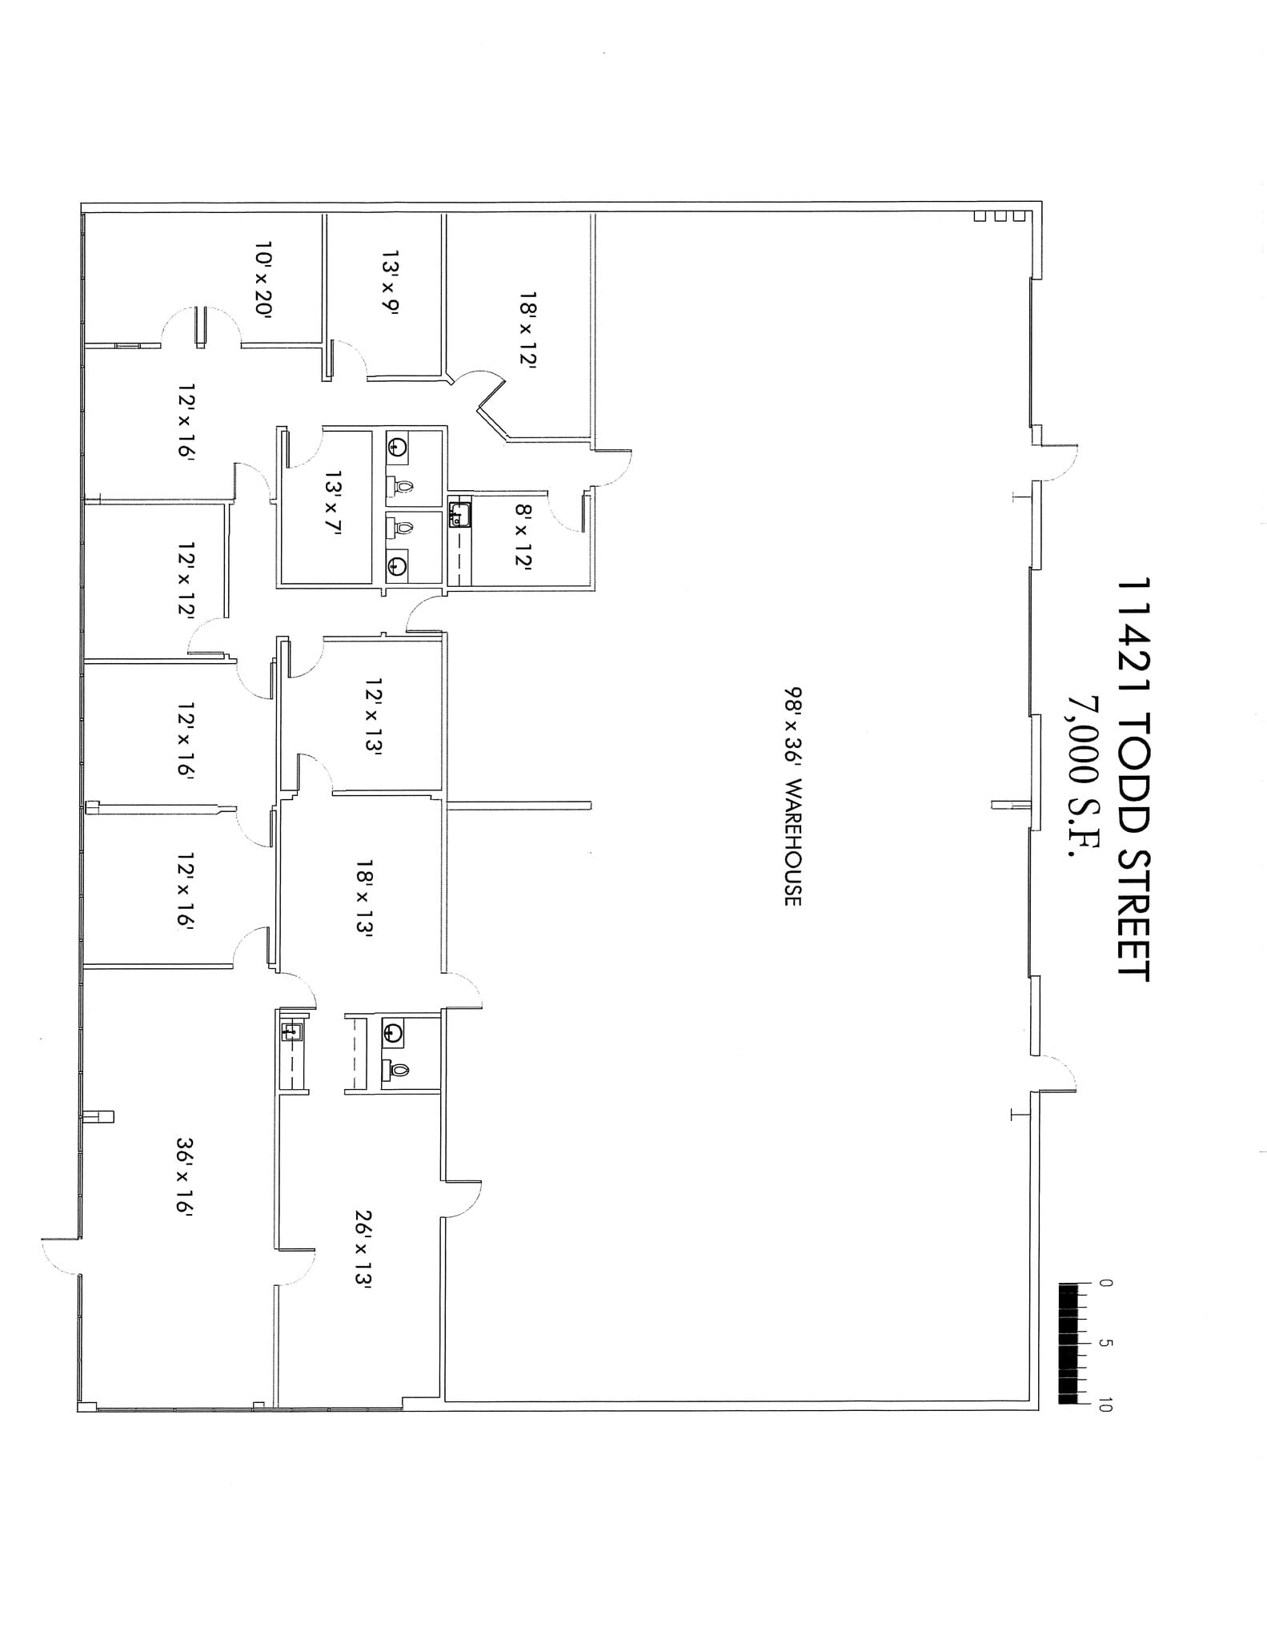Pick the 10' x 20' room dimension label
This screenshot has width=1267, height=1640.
tap(264, 280)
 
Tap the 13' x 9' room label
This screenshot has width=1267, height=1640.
tap(390, 283)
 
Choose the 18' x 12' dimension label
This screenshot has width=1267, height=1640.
tap(527, 328)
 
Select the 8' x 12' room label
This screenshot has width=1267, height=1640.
tap(523, 536)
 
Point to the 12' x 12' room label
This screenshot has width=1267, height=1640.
tap(186, 579)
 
